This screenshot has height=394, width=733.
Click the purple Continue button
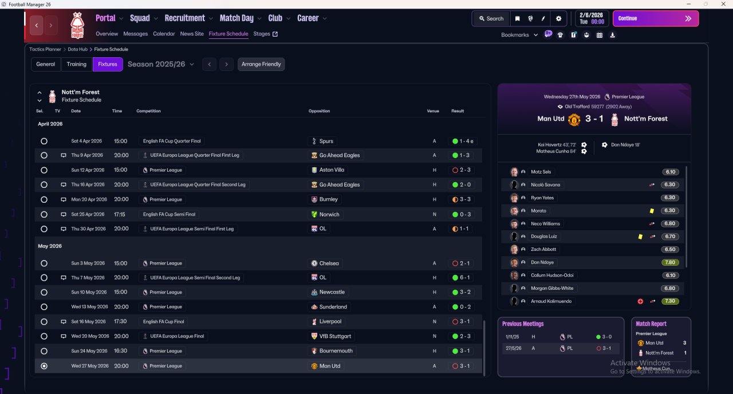(x=655, y=18)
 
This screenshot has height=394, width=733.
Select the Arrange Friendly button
(x=261, y=64)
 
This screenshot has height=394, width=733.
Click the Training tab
(x=77, y=64)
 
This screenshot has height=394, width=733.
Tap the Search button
(x=491, y=18)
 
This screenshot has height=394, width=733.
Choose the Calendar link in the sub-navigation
(x=164, y=34)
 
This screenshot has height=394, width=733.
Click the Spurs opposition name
(x=326, y=141)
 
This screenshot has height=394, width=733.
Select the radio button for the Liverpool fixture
(x=44, y=322)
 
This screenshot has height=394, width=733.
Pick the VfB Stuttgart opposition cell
(x=335, y=336)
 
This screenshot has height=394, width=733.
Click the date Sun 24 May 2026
(x=89, y=351)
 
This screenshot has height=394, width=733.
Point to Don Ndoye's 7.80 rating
(x=670, y=262)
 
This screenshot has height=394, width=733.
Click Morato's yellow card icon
(x=652, y=211)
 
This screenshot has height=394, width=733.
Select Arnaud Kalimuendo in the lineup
(x=551, y=301)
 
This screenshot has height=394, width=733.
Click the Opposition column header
(x=320, y=111)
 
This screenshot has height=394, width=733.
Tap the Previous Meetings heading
(x=523, y=324)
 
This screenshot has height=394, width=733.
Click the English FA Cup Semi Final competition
(x=169, y=214)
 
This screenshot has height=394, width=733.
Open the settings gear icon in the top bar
(x=558, y=18)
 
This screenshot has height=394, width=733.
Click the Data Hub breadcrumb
(x=78, y=49)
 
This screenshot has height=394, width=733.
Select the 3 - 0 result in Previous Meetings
(x=606, y=337)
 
